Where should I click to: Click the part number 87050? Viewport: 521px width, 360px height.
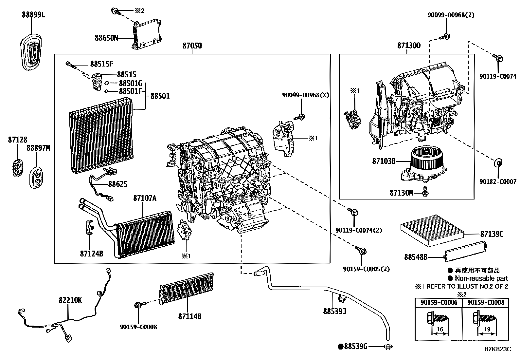192,46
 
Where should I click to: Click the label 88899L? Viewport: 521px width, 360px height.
33,15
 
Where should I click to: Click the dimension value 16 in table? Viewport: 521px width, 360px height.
440,329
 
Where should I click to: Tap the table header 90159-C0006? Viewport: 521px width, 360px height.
439,303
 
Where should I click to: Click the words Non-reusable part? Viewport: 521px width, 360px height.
481,278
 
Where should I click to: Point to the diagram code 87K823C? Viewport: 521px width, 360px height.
498,349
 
